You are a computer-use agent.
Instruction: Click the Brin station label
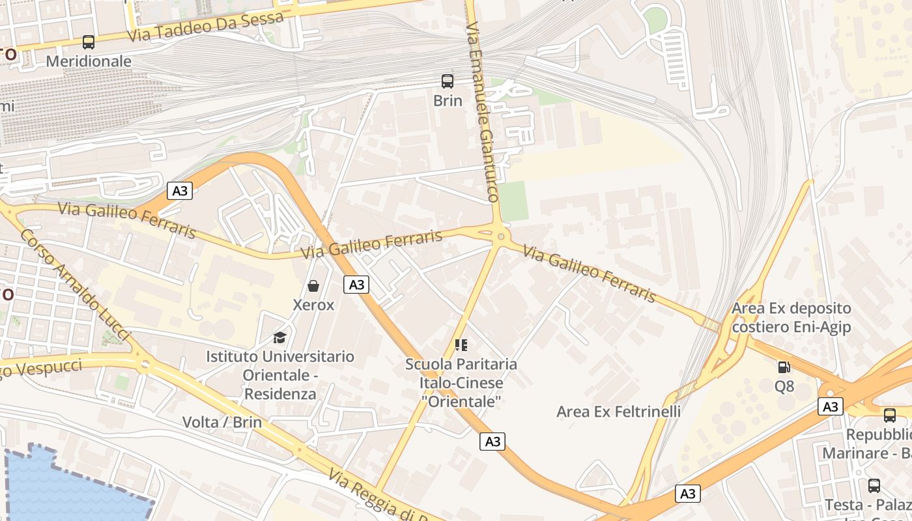point(448,101)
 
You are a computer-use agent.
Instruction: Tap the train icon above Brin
point(448,81)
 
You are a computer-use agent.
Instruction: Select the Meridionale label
point(89,61)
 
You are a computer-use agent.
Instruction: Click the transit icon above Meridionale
point(89,42)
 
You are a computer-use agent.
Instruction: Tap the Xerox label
point(313,305)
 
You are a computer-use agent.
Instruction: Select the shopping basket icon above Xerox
point(313,286)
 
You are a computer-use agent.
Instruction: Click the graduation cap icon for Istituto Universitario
point(280,337)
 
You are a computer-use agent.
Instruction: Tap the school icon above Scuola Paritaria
point(461,345)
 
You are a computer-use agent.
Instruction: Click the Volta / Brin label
point(222,422)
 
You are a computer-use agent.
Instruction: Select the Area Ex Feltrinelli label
point(618,412)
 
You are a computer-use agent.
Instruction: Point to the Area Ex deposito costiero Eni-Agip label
point(791,317)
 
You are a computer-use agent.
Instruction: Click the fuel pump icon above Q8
point(784,367)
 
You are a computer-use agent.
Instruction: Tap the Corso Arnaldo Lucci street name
point(75,284)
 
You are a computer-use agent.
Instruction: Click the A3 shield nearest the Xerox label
point(356,285)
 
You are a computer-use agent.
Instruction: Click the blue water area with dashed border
point(65,488)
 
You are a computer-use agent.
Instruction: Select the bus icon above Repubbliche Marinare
point(889,415)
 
